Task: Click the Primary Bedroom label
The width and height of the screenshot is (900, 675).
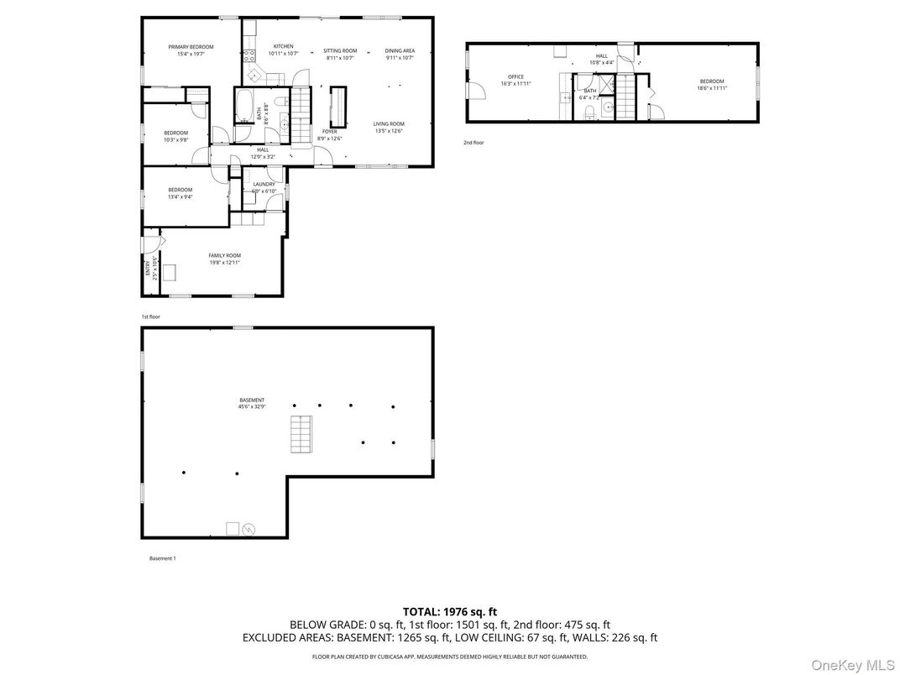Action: tap(191, 47)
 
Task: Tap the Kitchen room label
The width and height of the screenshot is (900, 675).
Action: tap(283, 47)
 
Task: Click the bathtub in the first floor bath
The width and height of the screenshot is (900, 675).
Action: tap(241, 107)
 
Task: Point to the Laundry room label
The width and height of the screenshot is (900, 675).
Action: tap(264, 184)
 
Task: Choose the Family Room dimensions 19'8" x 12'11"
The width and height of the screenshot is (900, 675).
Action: tap(224, 263)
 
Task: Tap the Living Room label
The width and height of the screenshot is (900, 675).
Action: tap(389, 124)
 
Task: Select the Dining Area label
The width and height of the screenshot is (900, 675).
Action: tap(400, 50)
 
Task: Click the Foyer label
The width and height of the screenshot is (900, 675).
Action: tap(329, 132)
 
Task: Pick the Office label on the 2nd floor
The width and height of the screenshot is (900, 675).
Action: tap(515, 77)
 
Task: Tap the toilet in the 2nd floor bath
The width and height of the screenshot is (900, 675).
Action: tap(591, 112)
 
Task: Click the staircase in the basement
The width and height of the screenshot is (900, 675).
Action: tap(301, 434)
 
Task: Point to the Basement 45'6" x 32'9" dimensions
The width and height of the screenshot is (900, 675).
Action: tap(252, 407)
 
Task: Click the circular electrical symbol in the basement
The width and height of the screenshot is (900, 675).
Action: tap(249, 529)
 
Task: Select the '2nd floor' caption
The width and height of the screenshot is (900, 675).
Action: tap(474, 143)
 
